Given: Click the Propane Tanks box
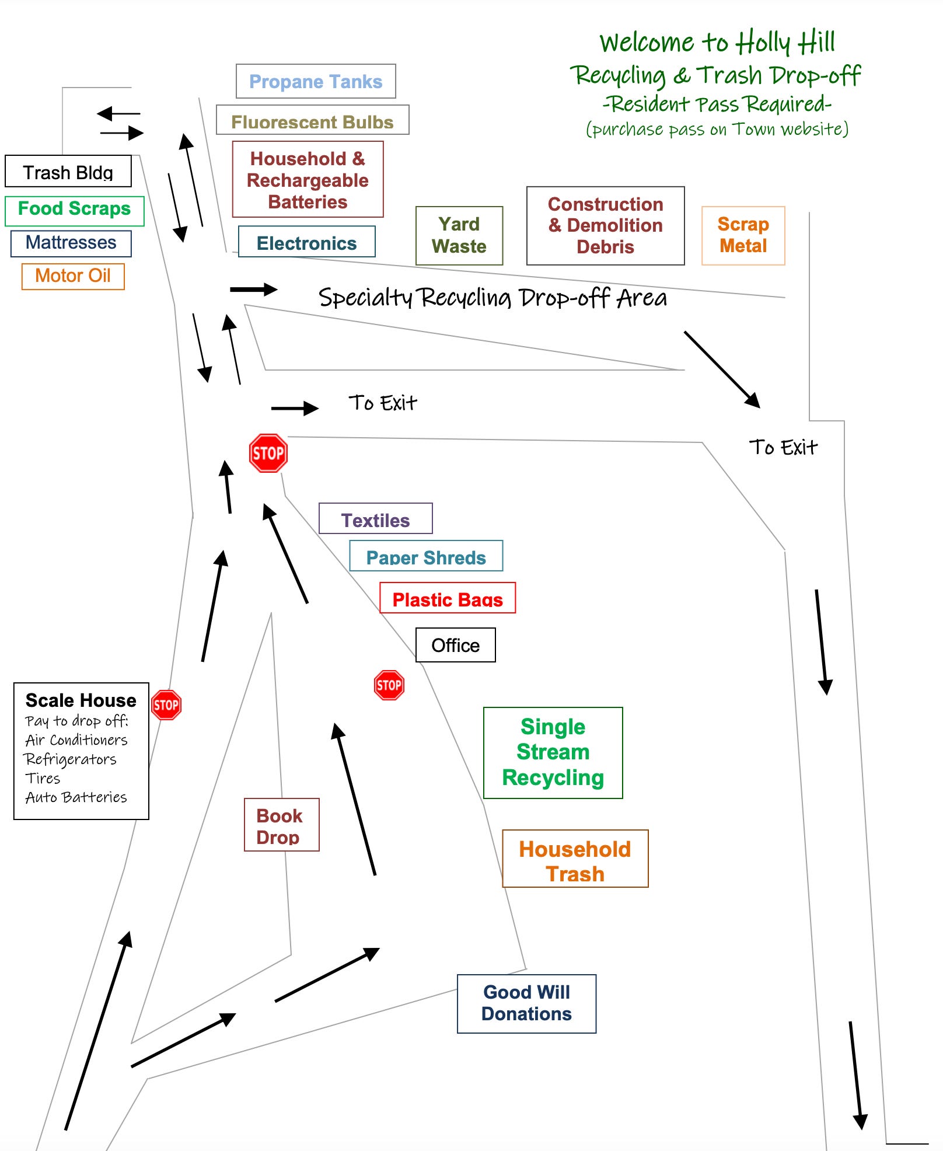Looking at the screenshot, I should click(316, 81).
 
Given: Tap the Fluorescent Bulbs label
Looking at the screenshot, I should click(312, 121).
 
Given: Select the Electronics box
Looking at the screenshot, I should click(306, 242).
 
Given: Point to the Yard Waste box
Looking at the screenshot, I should click(459, 235).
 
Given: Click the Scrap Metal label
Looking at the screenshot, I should click(743, 235).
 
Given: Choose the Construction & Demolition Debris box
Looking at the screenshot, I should click(605, 225).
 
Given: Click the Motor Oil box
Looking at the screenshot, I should click(73, 276).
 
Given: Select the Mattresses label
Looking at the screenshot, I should click(71, 243).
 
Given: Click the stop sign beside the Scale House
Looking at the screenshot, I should click(166, 705).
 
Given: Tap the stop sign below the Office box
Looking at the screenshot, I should click(389, 685).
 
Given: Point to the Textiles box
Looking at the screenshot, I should click(375, 519).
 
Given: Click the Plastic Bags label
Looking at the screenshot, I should click(448, 599).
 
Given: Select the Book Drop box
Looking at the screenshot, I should click(281, 825).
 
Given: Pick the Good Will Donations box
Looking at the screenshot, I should click(526, 1003).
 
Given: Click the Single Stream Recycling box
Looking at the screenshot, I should click(553, 752).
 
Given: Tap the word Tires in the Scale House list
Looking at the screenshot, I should click(43, 779).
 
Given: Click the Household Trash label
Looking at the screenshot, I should click(575, 860).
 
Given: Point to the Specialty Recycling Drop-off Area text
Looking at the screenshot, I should click(492, 298).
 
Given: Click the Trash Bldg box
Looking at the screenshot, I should click(68, 172).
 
